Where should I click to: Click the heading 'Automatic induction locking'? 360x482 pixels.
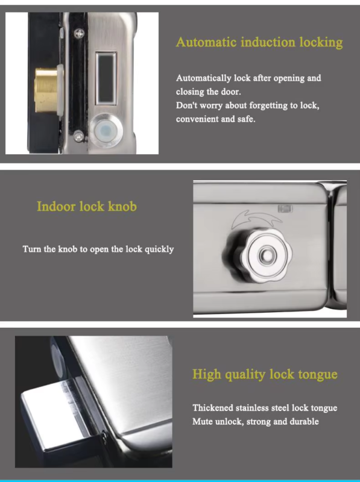pyautogui.click(x=259, y=42)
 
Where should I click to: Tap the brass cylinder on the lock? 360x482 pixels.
pyautogui.click(x=47, y=90)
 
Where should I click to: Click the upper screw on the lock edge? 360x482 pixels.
pyautogui.click(x=80, y=33)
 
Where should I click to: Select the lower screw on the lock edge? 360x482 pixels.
pyautogui.click(x=79, y=136)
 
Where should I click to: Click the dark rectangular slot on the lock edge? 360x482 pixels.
pyautogui.click(x=106, y=78)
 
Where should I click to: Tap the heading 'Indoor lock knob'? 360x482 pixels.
pyautogui.click(x=87, y=206)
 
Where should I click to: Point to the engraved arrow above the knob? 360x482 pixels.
pyautogui.click(x=256, y=219)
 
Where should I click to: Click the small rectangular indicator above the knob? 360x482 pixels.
pyautogui.click(x=286, y=208)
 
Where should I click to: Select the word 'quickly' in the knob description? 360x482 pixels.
pyautogui.click(x=159, y=249)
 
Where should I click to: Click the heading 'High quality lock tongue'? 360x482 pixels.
pyautogui.click(x=265, y=374)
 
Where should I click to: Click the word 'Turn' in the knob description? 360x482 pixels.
pyautogui.click(x=32, y=249)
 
